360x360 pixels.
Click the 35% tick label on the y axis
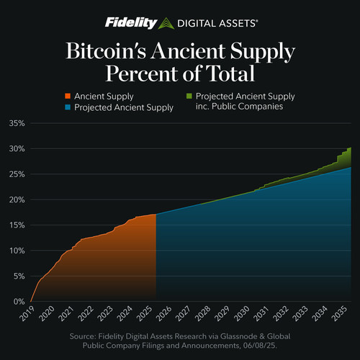coord(17,123)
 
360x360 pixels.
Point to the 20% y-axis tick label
coord(17,199)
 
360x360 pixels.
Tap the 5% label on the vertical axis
coord(19,276)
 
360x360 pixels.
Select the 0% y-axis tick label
coord(19,302)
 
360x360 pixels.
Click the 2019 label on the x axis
coord(27,313)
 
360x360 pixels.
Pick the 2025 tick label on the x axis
coord(144,313)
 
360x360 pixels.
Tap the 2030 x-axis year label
coord(242,313)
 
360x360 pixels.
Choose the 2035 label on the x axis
coord(339,313)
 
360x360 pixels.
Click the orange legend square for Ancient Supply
coord(68,96)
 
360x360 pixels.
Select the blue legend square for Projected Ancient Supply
coord(68,107)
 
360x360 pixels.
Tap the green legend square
coord(189,96)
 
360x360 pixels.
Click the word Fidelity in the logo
coord(131,23)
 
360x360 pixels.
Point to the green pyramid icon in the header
coord(166,24)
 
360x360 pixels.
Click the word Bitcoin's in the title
coord(106,51)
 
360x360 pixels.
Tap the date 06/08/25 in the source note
coord(260,346)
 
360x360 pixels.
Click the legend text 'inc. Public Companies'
coord(239,107)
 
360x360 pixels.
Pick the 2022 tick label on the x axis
coord(86,313)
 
